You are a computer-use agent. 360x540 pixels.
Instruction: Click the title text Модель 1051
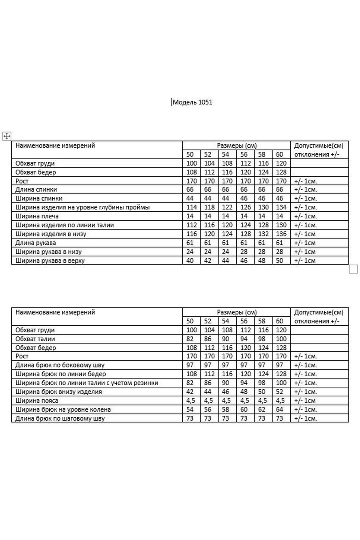pos(192,102)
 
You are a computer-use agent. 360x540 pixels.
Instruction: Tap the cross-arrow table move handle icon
pos(7,136)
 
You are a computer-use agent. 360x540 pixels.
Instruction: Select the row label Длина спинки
pos(36,190)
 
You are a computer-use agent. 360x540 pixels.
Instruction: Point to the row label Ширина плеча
pos(37,216)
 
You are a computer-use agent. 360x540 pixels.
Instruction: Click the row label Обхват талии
pos(35,339)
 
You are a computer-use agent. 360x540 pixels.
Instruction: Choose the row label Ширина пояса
pos(37,401)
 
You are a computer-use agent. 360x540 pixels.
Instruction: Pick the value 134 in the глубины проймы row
pos(281,207)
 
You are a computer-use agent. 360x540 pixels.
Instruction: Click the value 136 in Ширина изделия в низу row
pos(281,234)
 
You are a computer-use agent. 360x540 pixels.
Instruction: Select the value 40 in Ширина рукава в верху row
pos(190,261)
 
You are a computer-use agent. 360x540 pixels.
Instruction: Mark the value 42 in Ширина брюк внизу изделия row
pos(190,392)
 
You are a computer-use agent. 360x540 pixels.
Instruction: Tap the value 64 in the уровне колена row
pos(280,410)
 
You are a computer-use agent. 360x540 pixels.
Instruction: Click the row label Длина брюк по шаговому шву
pos(60,418)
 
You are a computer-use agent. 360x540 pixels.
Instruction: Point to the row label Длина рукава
pos(36,243)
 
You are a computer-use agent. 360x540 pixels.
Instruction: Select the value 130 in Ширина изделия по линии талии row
pos(281,225)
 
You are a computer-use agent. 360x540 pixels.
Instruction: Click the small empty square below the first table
pos(353,269)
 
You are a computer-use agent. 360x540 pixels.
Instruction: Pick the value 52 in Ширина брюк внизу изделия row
pos(280,392)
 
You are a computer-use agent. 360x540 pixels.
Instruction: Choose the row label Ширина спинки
pos(39,198)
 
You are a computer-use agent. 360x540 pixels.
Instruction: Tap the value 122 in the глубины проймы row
pos(227,207)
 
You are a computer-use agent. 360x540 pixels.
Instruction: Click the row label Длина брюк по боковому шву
pos(60,365)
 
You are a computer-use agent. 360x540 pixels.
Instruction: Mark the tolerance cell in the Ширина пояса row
pos(305,401)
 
